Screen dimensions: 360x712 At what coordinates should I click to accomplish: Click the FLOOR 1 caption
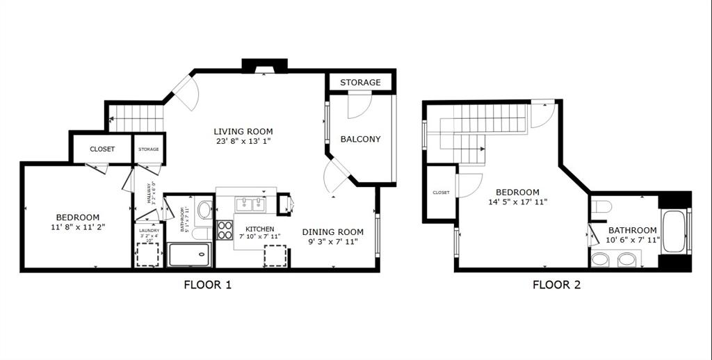pyautogui.click(x=207, y=284)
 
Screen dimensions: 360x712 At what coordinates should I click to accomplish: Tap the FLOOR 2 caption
pyautogui.click(x=556, y=284)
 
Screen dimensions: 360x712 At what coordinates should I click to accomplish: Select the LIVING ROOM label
pyautogui.click(x=243, y=131)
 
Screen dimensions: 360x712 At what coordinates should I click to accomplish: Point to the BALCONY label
pyautogui.click(x=360, y=139)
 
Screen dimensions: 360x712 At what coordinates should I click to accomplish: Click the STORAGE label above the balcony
pyautogui.click(x=360, y=82)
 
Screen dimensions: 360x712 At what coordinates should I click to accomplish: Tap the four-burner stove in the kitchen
pyautogui.click(x=225, y=230)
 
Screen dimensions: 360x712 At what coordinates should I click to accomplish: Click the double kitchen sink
pyautogui.click(x=250, y=204)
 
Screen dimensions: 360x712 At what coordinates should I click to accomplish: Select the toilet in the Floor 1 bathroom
pyautogui.click(x=204, y=208)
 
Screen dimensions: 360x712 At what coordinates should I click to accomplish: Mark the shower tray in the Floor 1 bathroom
pyautogui.click(x=189, y=254)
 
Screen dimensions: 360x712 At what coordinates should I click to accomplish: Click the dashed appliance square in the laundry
pyautogui.click(x=147, y=255)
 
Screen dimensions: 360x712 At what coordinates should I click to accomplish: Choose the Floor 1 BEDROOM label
pyautogui.click(x=78, y=218)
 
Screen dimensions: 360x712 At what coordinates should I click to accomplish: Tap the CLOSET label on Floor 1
pyautogui.click(x=102, y=149)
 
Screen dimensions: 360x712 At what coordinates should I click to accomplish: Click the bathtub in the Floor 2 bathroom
pyautogui.click(x=674, y=231)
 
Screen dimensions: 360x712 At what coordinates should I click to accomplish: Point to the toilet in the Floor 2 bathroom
pyautogui.click(x=602, y=206)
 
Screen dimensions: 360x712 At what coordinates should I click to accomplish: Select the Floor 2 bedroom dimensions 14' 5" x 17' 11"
pyautogui.click(x=518, y=202)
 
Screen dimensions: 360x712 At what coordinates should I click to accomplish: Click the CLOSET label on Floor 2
pyautogui.click(x=441, y=193)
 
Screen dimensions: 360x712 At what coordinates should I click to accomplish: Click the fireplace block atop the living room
pyautogui.click(x=264, y=65)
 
